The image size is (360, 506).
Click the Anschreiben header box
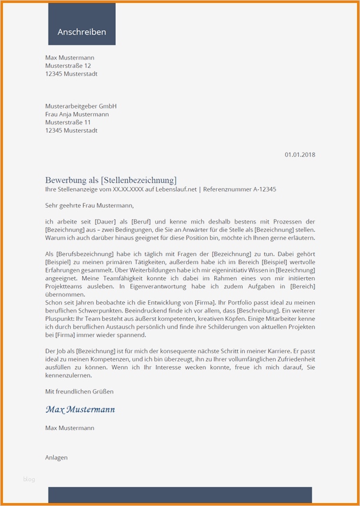point(81,32)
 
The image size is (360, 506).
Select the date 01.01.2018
point(300,155)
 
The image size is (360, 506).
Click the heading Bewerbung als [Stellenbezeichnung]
point(110,179)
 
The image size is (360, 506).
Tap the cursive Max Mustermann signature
point(80,409)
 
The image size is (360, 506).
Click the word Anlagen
point(56,457)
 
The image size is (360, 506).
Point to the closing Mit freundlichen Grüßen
point(79,391)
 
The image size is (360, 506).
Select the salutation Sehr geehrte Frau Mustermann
point(89,205)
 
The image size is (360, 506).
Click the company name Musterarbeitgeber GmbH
point(81,106)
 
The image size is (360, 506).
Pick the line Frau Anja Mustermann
point(77,114)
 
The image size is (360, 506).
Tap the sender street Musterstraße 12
point(68,65)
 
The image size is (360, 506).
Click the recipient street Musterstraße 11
point(68,122)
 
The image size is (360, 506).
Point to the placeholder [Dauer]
point(106,221)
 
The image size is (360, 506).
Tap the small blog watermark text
point(29,479)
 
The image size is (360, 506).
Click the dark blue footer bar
point(179,495)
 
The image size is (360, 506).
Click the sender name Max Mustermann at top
point(70,57)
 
